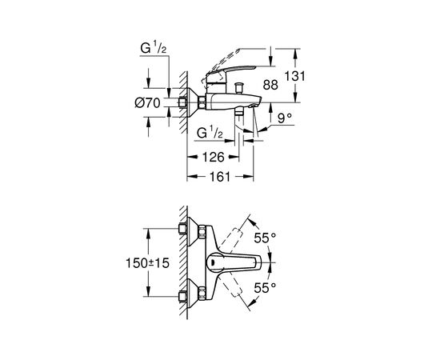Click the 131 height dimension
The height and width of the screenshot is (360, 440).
[x=294, y=76]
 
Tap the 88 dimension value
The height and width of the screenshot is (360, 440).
[x=270, y=85]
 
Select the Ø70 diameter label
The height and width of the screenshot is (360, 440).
[x=147, y=103]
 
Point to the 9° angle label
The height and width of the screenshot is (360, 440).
[x=285, y=118]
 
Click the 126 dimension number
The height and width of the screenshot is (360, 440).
[x=214, y=157]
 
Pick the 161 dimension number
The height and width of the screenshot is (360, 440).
[x=220, y=177]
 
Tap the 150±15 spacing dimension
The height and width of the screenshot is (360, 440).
[x=147, y=263]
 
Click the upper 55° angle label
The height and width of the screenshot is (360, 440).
[x=265, y=238]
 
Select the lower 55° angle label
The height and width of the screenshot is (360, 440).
[x=265, y=288]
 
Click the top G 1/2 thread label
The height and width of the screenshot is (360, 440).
[x=154, y=48]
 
